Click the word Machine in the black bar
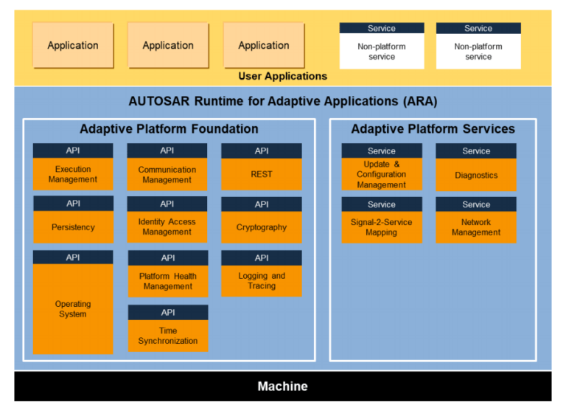pos(283,387)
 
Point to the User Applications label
pos(283,76)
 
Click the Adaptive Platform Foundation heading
pos(169,129)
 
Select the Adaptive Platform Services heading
pos(433,129)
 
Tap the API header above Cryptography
pos(262,204)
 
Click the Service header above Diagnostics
pos(476,151)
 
